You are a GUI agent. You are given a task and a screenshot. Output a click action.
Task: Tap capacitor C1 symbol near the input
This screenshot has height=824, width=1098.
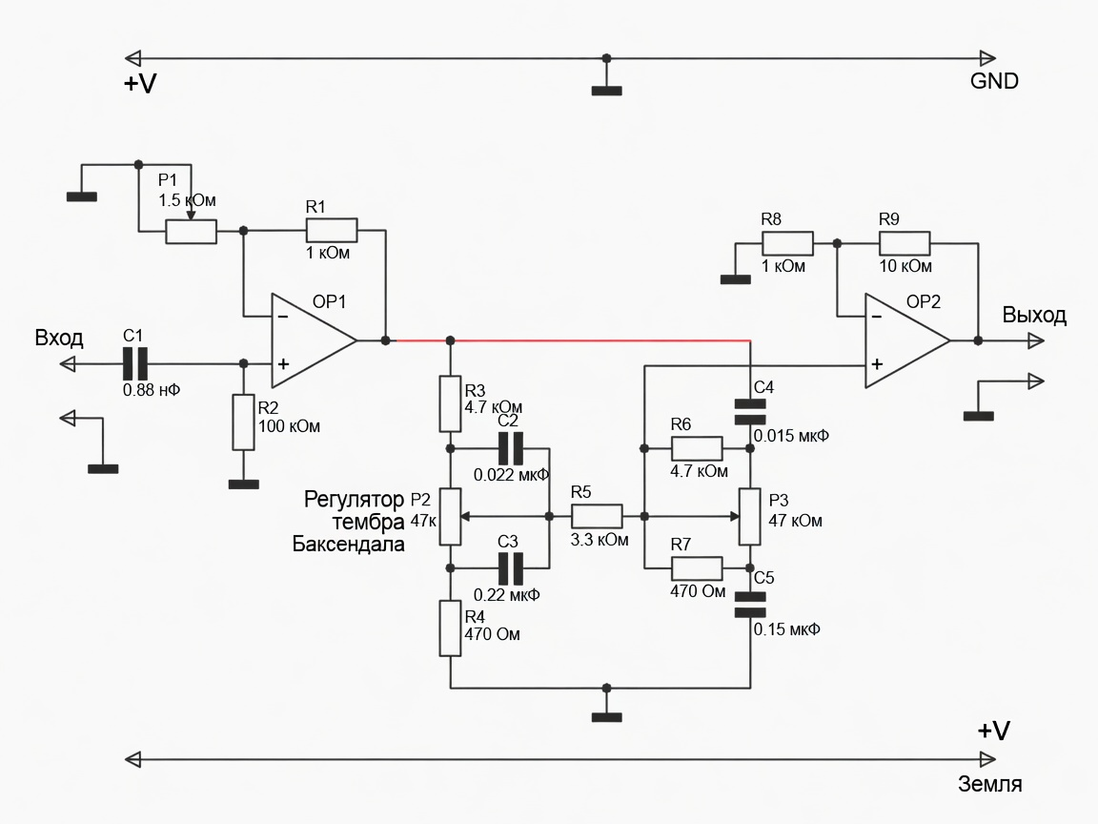135,363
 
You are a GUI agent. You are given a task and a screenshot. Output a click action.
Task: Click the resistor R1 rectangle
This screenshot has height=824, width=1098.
332,230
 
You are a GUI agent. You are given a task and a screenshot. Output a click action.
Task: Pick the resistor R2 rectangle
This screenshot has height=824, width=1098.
243,422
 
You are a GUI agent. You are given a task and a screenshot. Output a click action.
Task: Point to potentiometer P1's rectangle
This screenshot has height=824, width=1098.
192,231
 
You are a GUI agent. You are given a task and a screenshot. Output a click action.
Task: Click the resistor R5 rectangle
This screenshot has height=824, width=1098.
597,516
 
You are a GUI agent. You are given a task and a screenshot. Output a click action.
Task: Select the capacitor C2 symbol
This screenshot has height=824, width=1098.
511,449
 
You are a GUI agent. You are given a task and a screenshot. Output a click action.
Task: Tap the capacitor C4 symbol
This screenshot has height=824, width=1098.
750,412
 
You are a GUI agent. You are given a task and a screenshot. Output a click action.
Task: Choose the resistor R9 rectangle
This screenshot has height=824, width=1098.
905,243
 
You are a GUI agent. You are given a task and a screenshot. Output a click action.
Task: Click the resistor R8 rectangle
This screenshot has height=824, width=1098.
788,243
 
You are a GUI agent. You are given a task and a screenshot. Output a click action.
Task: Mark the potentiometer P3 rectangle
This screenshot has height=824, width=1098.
750,517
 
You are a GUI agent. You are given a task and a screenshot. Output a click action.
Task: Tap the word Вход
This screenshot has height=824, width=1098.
59,339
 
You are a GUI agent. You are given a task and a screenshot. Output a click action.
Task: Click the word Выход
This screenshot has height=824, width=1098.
1034,316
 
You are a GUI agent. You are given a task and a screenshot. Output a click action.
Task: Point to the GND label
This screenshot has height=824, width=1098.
994,81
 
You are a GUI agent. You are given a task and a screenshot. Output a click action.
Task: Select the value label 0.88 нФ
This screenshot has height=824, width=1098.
152,390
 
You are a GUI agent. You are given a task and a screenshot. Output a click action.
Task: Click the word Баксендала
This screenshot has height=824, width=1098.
348,545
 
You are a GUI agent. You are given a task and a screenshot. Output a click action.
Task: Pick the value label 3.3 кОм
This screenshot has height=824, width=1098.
600,540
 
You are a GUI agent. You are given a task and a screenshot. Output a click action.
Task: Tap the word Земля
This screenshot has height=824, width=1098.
989,784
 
